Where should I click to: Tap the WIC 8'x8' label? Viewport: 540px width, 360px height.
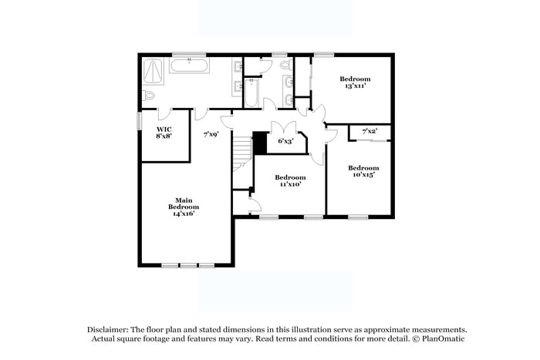[x=164, y=132]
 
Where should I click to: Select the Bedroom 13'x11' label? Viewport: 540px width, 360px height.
[x=355, y=82]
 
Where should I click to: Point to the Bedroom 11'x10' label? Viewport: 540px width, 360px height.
[x=289, y=180]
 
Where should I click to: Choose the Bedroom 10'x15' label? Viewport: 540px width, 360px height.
[x=363, y=171]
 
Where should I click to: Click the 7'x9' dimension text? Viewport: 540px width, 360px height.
[x=211, y=134]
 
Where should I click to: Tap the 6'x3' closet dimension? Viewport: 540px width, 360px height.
[x=285, y=141]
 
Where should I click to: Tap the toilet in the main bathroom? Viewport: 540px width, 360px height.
[x=149, y=96]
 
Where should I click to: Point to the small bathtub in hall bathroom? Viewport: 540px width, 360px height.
[x=251, y=93]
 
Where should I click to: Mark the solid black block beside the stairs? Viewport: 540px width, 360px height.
[x=260, y=141]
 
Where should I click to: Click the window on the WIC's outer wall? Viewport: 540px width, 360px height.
[x=140, y=122]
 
